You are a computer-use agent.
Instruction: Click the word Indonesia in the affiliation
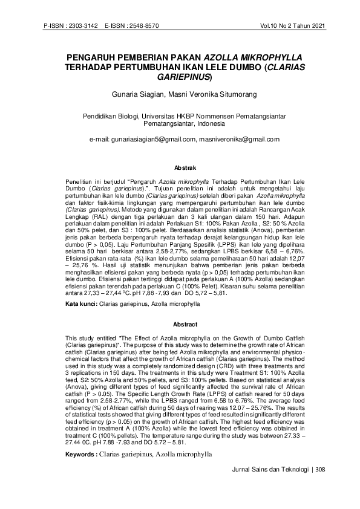point(205,124)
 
